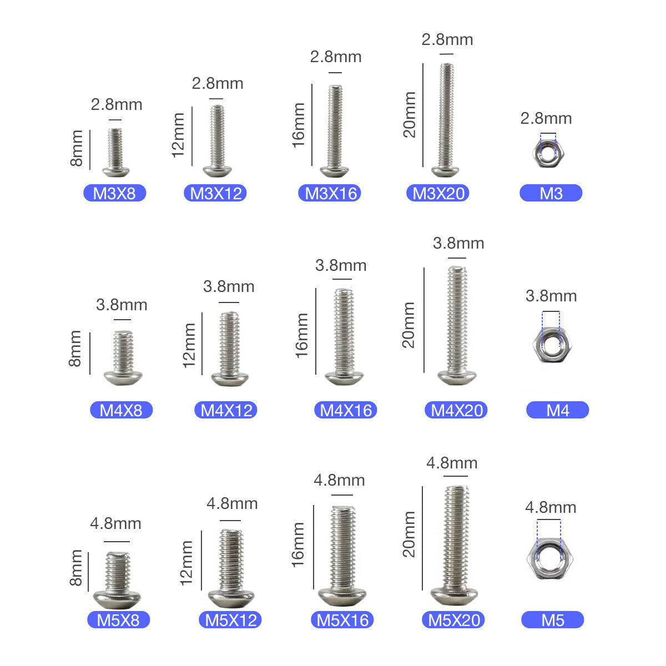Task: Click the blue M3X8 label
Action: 114,193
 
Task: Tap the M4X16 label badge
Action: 345,410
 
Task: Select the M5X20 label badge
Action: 453,620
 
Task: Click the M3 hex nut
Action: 548,153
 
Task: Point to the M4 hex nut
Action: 552,344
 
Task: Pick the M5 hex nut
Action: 550,558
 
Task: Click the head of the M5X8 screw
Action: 117,599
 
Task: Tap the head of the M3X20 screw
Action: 446,171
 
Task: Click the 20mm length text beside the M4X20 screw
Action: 408,325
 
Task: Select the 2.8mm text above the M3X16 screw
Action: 336,57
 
